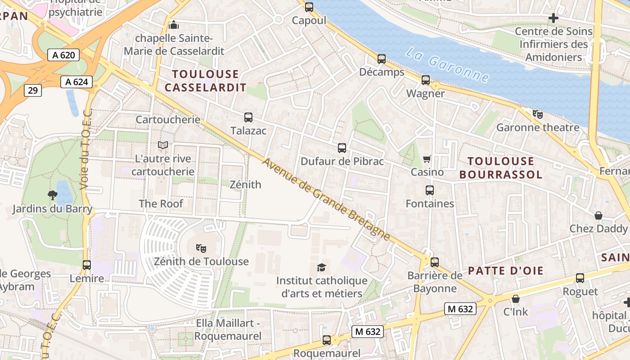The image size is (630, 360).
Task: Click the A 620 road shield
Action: point(63,55)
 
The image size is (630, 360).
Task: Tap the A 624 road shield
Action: point(76,82)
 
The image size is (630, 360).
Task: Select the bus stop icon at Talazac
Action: point(248,117)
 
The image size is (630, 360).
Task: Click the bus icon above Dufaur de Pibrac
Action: point(342,148)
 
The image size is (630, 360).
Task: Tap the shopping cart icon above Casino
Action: point(427,159)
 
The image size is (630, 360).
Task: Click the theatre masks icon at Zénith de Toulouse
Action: point(201,248)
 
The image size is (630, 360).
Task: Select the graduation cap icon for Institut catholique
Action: point(321,267)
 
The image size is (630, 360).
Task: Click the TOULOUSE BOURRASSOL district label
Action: point(500,167)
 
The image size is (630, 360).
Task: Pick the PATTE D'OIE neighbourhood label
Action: point(506,271)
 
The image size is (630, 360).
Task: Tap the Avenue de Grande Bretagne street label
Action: point(326,199)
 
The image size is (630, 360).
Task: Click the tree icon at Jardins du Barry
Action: point(53,195)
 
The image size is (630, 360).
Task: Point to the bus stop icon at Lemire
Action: point(87,265)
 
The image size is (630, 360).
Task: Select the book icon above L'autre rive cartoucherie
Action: point(162,145)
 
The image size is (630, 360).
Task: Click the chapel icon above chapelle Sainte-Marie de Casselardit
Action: point(174,24)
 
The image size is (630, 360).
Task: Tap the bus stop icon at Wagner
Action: point(426,80)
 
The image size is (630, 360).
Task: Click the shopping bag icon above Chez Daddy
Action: point(598,216)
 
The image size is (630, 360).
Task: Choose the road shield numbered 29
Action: point(33,90)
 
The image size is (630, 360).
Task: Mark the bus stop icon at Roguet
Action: point(580,278)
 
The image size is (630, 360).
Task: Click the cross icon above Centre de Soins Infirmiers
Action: point(553,18)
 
